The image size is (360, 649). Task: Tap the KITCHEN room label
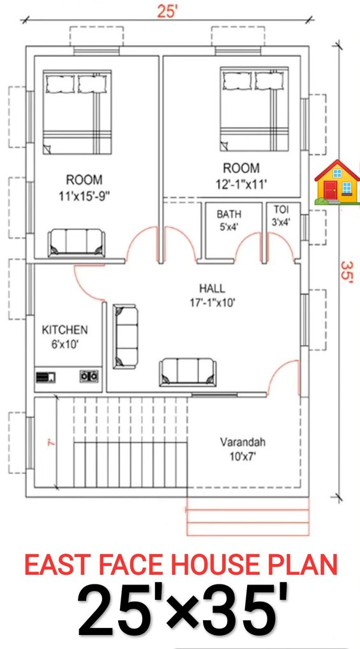coord(64,337)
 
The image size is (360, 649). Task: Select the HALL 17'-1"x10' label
coord(211,296)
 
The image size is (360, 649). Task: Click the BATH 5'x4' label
coord(228,220)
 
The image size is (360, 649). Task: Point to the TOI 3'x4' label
coord(281,216)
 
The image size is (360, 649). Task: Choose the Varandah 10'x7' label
coord(243,448)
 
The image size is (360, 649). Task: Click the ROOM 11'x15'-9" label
coord(84,188)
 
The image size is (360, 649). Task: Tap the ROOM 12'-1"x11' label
coord(241,176)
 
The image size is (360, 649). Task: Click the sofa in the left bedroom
coord(77,243)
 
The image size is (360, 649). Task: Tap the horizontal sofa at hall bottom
coord(188,370)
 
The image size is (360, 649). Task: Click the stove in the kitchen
coord(89,376)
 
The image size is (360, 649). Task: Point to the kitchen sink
coord(47,376)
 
